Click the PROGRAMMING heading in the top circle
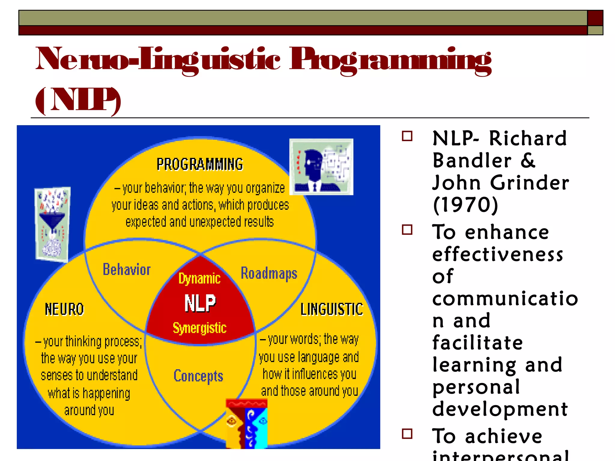pos(200,164)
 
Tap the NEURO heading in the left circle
pos(64,309)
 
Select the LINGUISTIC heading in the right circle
pos(332,309)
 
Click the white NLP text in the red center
pos(200,303)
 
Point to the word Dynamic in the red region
pos(199,279)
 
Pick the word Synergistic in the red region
pos(200,328)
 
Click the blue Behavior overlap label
pos(127,270)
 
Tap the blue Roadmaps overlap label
pos(269,273)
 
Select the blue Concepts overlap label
pos(198,376)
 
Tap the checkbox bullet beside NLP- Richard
pos(407,136)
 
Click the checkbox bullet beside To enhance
pos(407,230)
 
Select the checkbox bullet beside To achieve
pos(407,434)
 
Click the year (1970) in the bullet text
pos(466,205)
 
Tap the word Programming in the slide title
pos(390,60)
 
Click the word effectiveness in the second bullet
pos(498,255)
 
